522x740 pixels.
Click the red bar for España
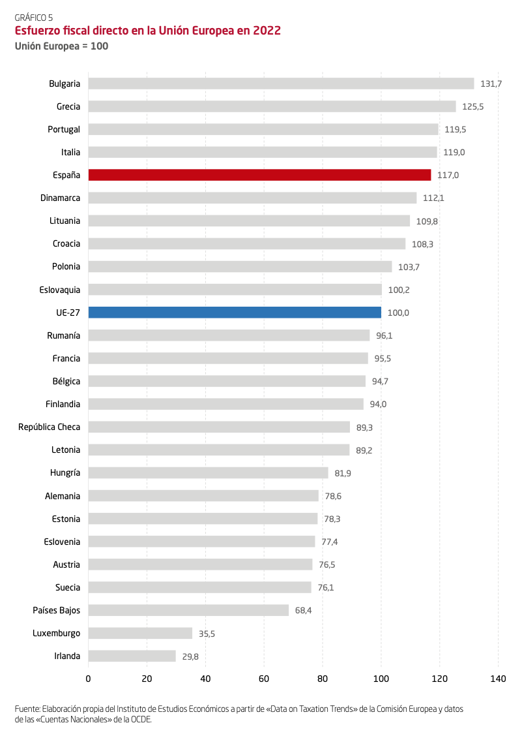click(x=259, y=175)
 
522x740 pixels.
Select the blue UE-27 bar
click(x=235, y=313)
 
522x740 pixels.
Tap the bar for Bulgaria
click(x=281, y=84)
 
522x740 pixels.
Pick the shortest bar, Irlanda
click(x=132, y=656)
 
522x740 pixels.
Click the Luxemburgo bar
click(x=140, y=633)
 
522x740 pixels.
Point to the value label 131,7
click(x=491, y=84)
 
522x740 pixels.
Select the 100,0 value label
click(x=398, y=313)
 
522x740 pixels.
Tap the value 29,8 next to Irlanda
click(x=190, y=656)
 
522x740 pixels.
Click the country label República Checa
click(x=50, y=427)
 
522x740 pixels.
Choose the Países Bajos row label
click(x=57, y=610)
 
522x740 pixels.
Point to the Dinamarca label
click(x=60, y=198)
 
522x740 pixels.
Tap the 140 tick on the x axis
click(x=498, y=679)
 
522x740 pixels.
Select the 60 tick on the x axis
click(x=264, y=679)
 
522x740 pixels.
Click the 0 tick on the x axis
click(x=88, y=679)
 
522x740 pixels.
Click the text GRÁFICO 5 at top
click(x=34, y=18)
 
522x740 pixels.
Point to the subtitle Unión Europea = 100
click(x=61, y=46)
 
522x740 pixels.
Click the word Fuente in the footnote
click(x=27, y=709)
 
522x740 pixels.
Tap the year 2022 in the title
click(x=266, y=31)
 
